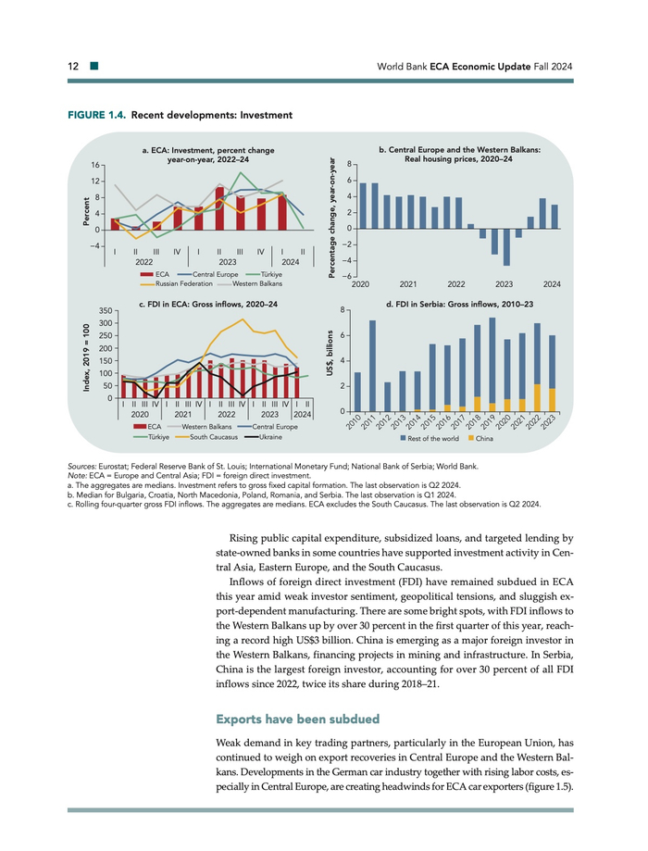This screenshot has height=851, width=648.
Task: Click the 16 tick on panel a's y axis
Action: [x=96, y=165]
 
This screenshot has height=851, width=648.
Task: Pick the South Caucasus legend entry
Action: [x=205, y=437]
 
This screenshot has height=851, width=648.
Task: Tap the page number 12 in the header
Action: [x=73, y=67]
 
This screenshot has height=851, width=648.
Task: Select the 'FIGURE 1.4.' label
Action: [x=96, y=116]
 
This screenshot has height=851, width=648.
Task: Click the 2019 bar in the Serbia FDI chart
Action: [x=492, y=365]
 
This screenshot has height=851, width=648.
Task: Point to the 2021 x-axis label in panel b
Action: [x=407, y=283]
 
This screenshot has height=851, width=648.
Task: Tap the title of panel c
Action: [x=207, y=303]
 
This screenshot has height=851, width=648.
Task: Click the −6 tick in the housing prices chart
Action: [x=343, y=277]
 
